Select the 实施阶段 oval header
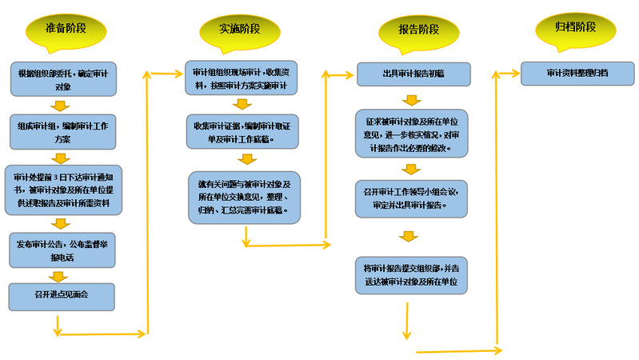[x=240, y=30]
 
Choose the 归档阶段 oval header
[x=577, y=27]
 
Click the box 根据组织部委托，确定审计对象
[x=63, y=78]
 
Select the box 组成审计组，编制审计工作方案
[x=63, y=131]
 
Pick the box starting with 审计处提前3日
[x=63, y=190]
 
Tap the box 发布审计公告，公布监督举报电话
[x=63, y=248]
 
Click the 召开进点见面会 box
[x=63, y=295]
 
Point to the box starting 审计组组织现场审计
[x=242, y=78]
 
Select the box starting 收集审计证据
[x=242, y=132]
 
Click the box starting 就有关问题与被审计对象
[x=245, y=197]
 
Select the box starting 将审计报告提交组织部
[x=411, y=274]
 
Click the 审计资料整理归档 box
[x=577, y=73]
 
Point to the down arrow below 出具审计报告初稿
[x=411, y=100]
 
